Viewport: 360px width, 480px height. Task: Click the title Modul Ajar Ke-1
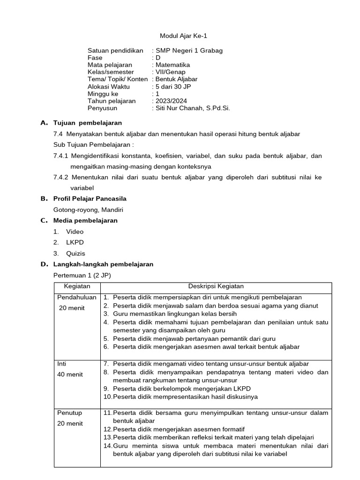pos(180,36)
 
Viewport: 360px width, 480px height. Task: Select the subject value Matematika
pos(172,65)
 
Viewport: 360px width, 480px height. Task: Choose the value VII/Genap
pos(170,72)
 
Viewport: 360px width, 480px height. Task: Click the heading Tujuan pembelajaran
pos(88,123)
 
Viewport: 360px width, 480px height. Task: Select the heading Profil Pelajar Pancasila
pos(90,199)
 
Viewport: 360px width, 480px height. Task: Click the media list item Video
pos(75,232)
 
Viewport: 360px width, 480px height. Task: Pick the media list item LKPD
pos(75,242)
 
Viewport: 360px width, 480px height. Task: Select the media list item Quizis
pos(75,254)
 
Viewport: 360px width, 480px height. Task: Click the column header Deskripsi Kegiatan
pos(216,286)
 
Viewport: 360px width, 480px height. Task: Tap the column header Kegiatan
pos(77,286)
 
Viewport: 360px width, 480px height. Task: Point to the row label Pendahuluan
pos(77,297)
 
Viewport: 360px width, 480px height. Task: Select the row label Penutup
pos(69,413)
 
